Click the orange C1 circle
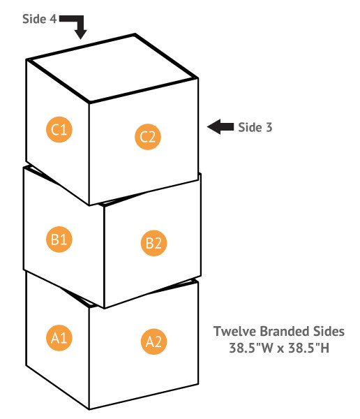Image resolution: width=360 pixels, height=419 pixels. [x=59, y=130]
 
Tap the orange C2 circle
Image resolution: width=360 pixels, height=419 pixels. [x=148, y=137]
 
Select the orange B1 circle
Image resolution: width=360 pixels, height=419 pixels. [x=59, y=239]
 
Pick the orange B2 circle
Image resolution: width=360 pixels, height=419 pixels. [x=153, y=243]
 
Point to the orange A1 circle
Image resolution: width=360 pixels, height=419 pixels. [x=59, y=338]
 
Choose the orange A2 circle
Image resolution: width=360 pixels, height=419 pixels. [x=153, y=341]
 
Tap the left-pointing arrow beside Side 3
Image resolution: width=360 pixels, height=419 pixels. [x=220, y=126]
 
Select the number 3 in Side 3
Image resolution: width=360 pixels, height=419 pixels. [x=269, y=128]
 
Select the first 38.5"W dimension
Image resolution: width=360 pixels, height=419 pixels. [x=251, y=348]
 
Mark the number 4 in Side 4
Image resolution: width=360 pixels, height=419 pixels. [x=53, y=20]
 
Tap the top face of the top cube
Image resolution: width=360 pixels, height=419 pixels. [x=112, y=68]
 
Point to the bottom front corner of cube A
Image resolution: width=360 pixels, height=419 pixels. [x=89, y=409]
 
